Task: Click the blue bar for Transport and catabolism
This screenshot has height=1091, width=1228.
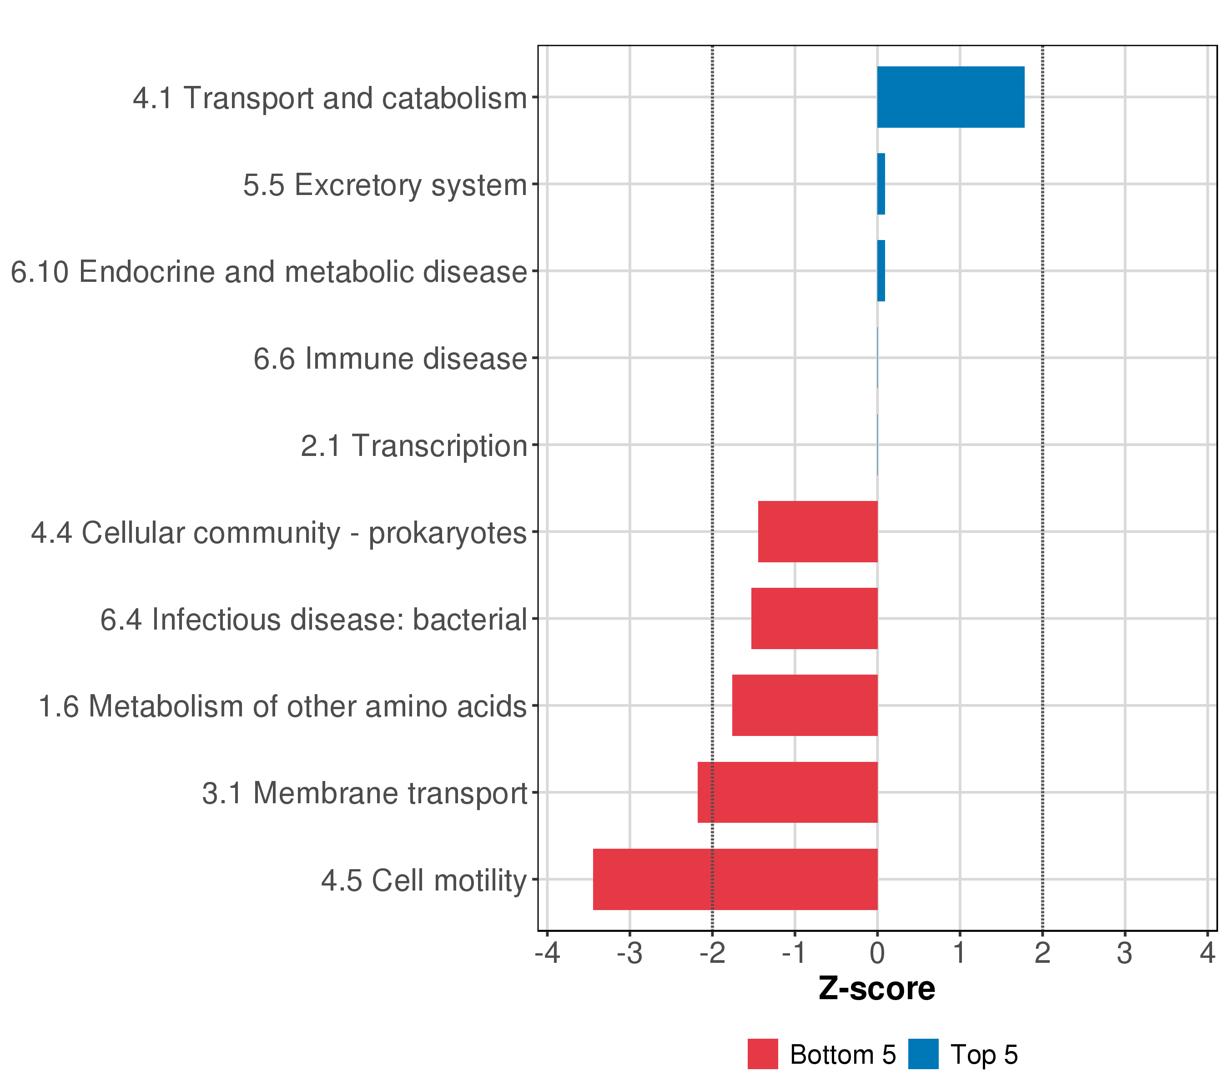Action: tap(951, 97)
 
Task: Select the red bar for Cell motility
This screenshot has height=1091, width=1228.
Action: tap(735, 879)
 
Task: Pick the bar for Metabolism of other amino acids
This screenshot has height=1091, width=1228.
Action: tap(805, 705)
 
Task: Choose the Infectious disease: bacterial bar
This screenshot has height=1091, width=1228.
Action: tap(814, 618)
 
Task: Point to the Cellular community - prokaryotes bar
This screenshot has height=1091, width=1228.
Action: tap(818, 531)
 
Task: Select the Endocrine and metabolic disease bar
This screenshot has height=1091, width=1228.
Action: tap(881, 271)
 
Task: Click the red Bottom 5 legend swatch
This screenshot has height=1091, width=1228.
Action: tap(762, 1054)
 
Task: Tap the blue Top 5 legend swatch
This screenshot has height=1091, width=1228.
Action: tap(923, 1054)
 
